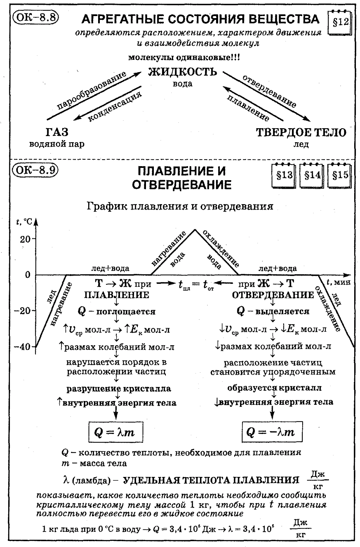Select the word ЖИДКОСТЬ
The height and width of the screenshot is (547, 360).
click(x=183, y=72)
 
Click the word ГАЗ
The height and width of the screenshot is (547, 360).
click(x=56, y=132)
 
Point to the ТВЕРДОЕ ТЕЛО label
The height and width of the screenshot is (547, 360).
click(x=301, y=133)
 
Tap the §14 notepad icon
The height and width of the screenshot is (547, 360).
click(x=312, y=175)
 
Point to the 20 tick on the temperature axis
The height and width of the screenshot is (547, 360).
click(x=26, y=239)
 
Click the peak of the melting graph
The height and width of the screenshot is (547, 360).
click(x=195, y=230)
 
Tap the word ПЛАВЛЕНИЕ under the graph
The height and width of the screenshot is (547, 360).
click(x=117, y=295)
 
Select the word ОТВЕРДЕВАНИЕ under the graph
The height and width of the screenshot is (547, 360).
click(x=273, y=295)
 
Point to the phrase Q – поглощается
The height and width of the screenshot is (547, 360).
click(x=117, y=311)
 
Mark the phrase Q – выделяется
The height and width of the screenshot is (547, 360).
click(x=273, y=311)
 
